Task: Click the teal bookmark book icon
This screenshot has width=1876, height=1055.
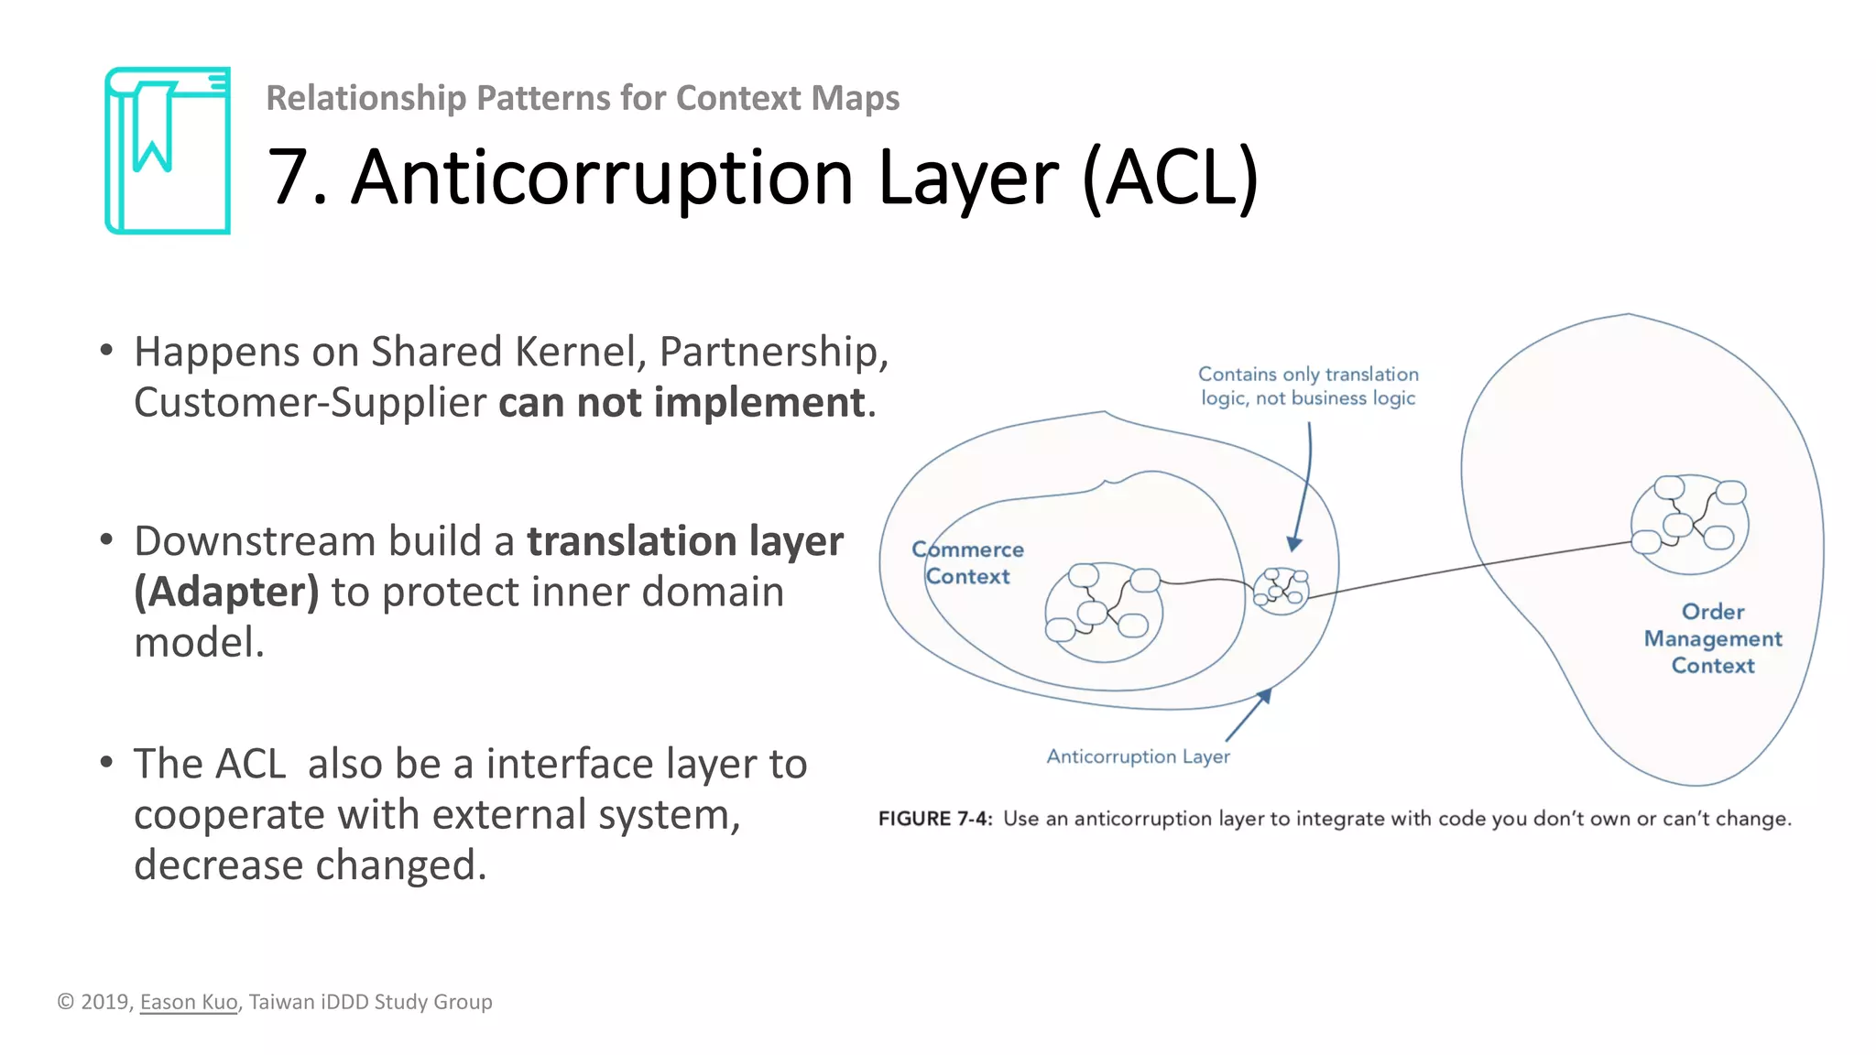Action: [x=167, y=151]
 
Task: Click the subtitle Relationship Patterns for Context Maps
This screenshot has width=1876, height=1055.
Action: [x=583, y=98]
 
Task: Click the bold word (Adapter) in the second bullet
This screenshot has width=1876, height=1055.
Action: [x=226, y=592]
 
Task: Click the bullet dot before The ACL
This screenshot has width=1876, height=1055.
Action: [x=107, y=762]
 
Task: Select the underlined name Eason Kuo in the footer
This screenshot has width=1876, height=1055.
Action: [x=188, y=1002]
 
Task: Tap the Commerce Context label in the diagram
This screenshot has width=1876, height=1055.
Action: [x=967, y=562]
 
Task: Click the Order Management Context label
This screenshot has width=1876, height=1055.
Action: [x=1712, y=638]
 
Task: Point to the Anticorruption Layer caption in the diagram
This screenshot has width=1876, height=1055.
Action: [x=1138, y=756]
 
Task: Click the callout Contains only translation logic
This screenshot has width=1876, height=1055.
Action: [x=1308, y=386]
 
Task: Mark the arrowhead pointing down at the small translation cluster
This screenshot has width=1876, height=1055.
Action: [x=1293, y=544]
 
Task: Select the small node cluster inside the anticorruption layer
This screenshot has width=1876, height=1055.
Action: [x=1281, y=591]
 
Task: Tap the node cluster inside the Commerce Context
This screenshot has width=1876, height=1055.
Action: [x=1104, y=611]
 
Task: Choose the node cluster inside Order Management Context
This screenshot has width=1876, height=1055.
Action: [x=1689, y=523]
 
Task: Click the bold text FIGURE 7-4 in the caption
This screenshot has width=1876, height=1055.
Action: [x=934, y=819]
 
